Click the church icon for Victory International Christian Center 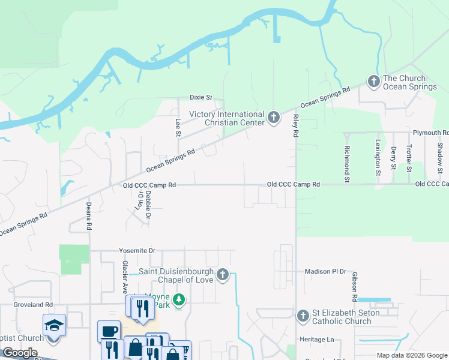click(x=274, y=118)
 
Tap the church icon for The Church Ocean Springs click(x=373, y=81)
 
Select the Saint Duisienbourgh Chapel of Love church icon click(x=223, y=275)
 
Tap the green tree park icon click(x=178, y=299)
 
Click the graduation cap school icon click(x=54, y=325)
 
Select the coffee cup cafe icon click(x=109, y=331)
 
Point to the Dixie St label click(x=201, y=97)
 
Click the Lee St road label click(x=178, y=127)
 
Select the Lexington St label click(x=378, y=158)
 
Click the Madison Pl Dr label click(x=326, y=271)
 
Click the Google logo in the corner click(x=19, y=353)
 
